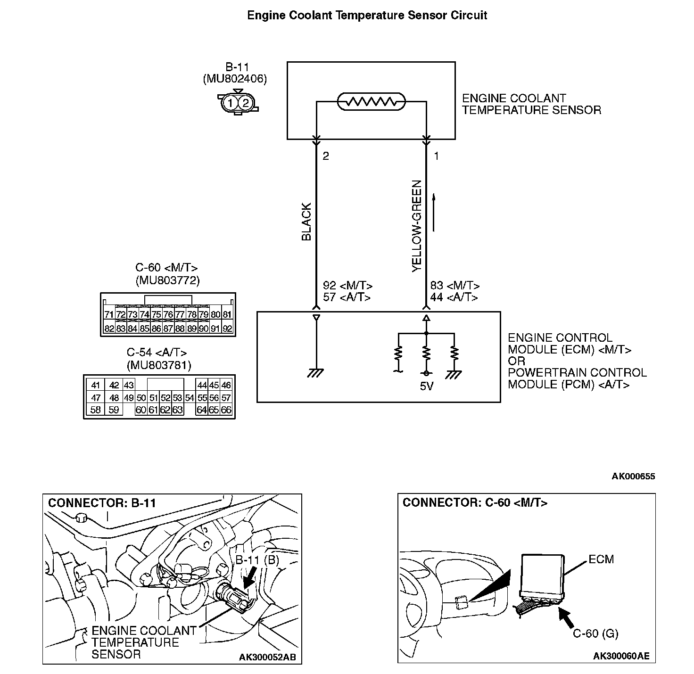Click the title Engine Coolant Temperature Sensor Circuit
[x=367, y=16]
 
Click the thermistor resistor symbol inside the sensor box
[x=372, y=101]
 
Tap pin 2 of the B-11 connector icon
[x=245, y=103]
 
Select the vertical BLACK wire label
[x=306, y=222]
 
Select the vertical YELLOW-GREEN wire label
[x=417, y=226]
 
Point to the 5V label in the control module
[x=426, y=386]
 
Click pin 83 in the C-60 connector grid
[x=121, y=329]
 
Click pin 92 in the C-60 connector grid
[x=227, y=329]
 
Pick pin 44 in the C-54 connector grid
[x=202, y=385]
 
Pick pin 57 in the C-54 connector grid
[x=226, y=397]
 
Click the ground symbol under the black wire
[x=315, y=373]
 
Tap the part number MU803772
[x=167, y=281]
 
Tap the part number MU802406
[x=234, y=79]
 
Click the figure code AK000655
[x=633, y=476]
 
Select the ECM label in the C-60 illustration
[x=601, y=559]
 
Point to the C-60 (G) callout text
[x=595, y=633]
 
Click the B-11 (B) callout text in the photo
[x=257, y=560]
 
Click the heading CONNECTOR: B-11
[x=102, y=503]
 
